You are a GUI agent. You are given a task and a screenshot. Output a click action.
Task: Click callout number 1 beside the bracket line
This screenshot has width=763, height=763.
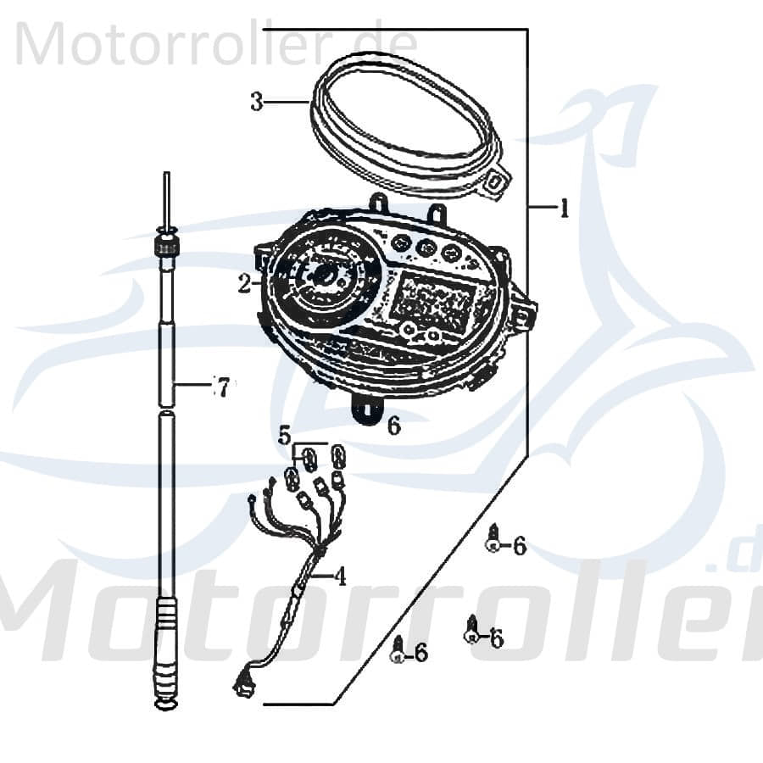(563, 208)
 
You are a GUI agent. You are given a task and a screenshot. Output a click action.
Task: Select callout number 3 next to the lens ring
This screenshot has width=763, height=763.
(257, 102)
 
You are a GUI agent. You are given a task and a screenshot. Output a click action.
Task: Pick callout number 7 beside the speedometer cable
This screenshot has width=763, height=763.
(221, 387)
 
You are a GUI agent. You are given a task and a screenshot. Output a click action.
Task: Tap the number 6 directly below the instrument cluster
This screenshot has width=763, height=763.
(393, 426)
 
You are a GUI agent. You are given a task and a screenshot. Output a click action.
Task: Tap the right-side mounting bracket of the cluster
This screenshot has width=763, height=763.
(523, 315)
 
